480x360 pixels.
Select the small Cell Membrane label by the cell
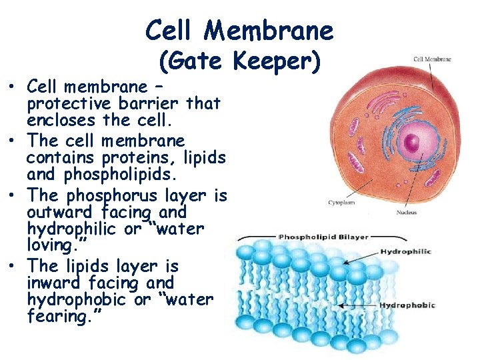(x=432, y=59)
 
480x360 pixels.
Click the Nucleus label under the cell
(x=406, y=213)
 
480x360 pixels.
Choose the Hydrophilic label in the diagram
(x=405, y=251)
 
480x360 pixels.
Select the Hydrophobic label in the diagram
(x=407, y=305)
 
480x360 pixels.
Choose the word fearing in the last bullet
(x=54, y=316)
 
